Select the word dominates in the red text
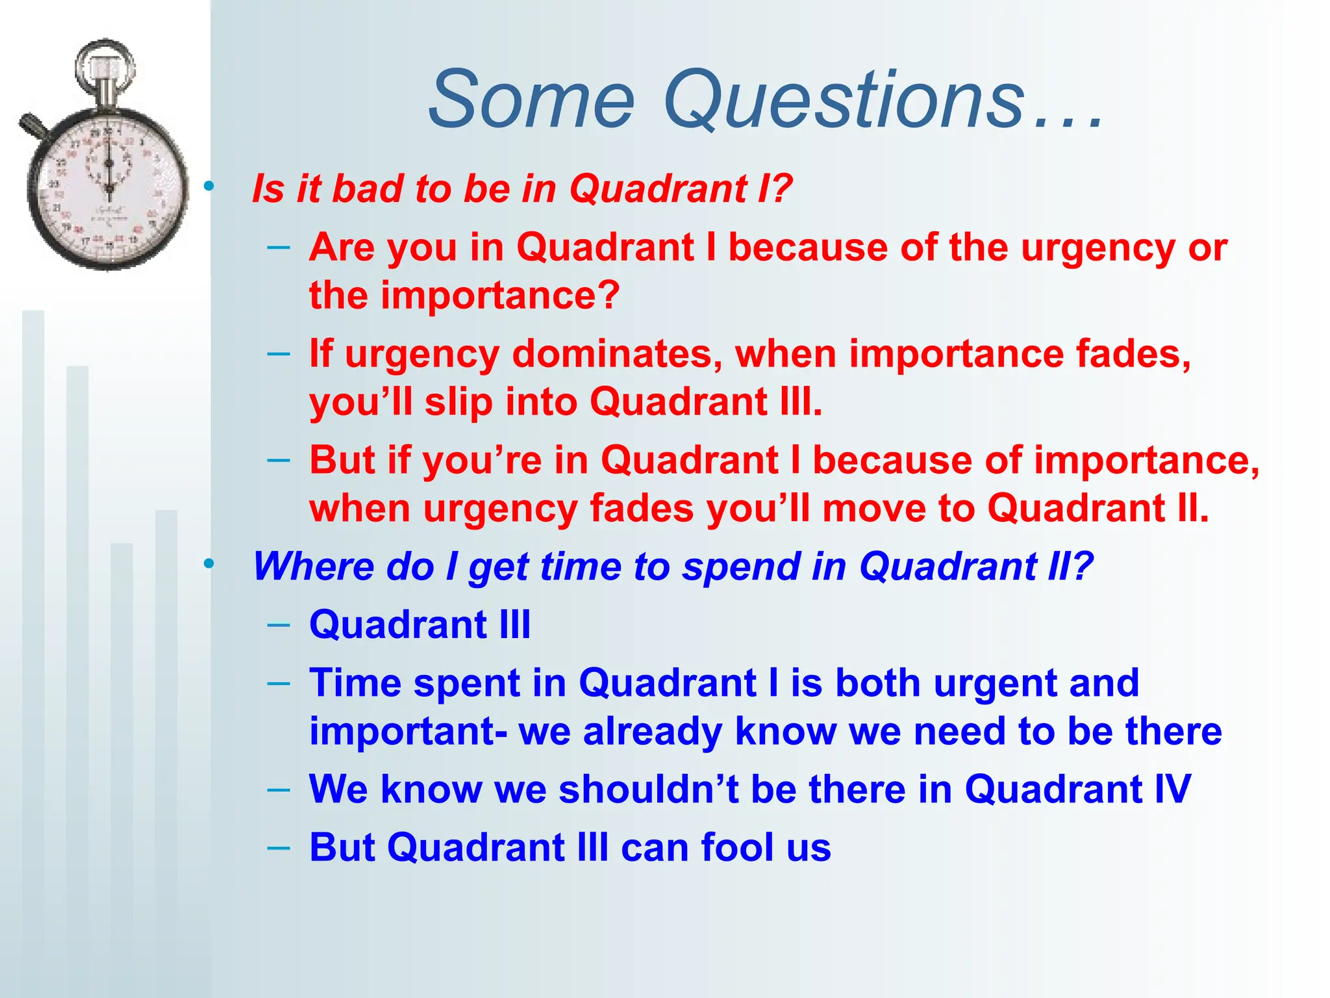[617, 355]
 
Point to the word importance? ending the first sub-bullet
[499, 296]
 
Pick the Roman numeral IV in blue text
[1172, 790]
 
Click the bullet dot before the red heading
[208, 187]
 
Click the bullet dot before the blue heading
[208, 564]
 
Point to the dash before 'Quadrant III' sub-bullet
[278, 625]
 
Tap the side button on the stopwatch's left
[31, 125]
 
